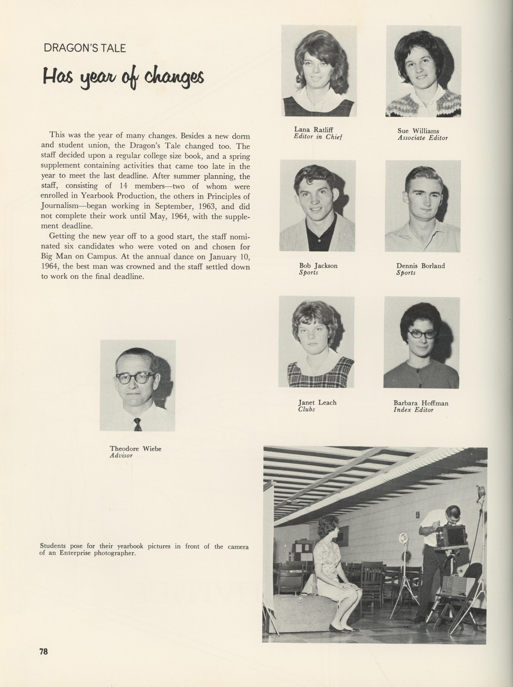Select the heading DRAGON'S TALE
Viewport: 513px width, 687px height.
pyautogui.click(x=85, y=48)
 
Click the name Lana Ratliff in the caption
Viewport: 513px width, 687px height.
pyautogui.click(x=314, y=130)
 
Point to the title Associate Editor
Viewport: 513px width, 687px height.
pyautogui.click(x=423, y=138)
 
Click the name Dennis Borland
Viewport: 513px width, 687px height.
pyautogui.click(x=420, y=266)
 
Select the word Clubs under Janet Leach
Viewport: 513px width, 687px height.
pyautogui.click(x=306, y=410)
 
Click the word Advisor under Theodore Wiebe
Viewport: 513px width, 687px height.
pyautogui.click(x=121, y=456)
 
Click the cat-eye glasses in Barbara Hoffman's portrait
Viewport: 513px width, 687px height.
pyautogui.click(x=422, y=334)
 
